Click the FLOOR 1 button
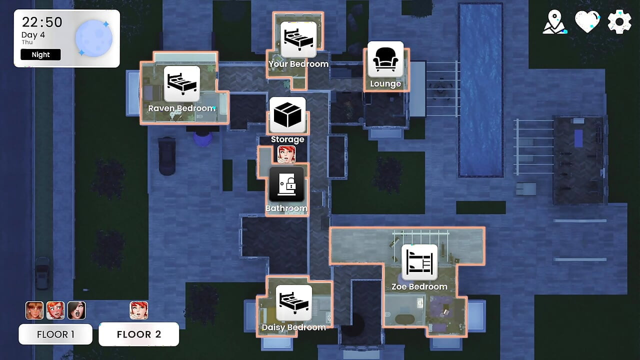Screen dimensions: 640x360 click(x=55, y=334)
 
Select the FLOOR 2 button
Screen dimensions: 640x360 click(x=139, y=334)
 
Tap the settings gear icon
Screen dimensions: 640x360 click(x=619, y=22)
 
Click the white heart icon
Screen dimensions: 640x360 click(x=587, y=21)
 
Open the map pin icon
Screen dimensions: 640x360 click(x=554, y=22)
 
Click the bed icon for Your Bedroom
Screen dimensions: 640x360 click(x=298, y=39)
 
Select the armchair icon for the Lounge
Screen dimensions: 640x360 click(x=385, y=59)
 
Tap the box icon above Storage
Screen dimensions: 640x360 click(x=287, y=115)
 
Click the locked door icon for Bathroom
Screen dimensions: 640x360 click(x=286, y=184)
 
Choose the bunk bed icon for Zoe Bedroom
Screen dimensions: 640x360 click(x=419, y=262)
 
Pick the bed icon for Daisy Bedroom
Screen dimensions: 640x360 click(x=293, y=302)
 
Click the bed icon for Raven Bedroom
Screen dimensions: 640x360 click(x=181, y=84)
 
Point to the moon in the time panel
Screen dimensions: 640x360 click(x=93, y=38)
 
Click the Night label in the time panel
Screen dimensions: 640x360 click(x=40, y=54)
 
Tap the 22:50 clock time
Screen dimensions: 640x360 click(x=42, y=22)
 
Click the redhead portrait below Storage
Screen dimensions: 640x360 click(x=286, y=154)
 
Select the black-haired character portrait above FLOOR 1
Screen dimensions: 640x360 click(x=76, y=310)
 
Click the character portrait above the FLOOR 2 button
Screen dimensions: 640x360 click(x=139, y=310)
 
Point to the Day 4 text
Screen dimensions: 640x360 click(x=33, y=35)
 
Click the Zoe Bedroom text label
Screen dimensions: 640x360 click(x=419, y=286)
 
